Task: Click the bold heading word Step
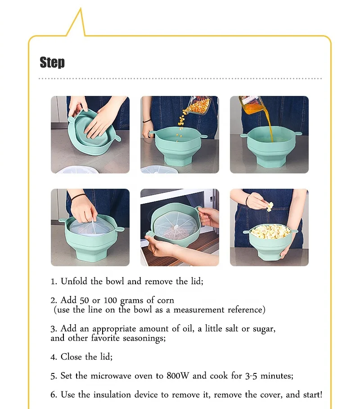52,62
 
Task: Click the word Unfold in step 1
75,282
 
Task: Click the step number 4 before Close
53,357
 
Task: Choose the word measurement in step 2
197,310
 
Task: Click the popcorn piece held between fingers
269,207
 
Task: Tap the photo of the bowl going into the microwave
180,227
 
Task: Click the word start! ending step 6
312,395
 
